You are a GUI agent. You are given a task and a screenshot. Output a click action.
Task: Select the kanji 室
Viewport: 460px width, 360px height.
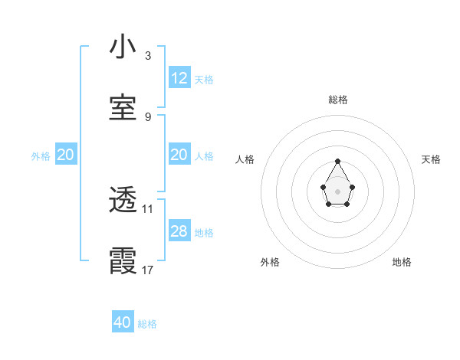tap(123, 108)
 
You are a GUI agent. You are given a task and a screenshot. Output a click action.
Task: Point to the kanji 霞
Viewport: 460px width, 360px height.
tap(123, 261)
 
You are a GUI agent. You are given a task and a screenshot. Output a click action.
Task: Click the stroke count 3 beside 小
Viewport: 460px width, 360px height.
tap(147, 56)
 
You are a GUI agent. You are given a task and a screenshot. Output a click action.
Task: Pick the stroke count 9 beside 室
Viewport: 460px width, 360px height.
tap(147, 117)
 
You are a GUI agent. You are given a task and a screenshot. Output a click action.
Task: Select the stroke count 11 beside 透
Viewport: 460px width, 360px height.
tap(148, 208)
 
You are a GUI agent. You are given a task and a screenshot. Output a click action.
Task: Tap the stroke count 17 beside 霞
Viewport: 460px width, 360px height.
tap(148, 270)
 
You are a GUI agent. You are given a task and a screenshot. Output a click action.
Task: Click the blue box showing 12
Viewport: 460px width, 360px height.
tap(179, 78)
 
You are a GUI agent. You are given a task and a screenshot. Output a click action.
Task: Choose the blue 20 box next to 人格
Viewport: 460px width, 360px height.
tap(179, 155)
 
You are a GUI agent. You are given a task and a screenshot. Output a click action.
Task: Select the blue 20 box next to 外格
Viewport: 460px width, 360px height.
tap(66, 155)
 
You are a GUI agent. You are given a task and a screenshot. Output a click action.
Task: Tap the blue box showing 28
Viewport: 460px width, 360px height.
tap(179, 231)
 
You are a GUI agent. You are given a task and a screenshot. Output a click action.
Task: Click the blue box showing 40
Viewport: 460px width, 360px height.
tap(123, 322)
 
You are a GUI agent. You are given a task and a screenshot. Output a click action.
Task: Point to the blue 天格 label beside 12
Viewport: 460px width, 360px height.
tap(204, 80)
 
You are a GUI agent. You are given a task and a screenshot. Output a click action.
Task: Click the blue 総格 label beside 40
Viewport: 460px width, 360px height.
tap(147, 324)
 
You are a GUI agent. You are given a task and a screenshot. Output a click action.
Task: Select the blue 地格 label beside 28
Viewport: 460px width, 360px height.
tap(204, 233)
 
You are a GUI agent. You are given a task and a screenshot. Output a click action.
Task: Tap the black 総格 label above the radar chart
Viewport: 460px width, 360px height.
tap(338, 100)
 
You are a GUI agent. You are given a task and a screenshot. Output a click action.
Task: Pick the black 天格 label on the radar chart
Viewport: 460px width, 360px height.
tap(431, 159)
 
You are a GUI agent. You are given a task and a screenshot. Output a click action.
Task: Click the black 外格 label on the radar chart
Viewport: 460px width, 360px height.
tap(270, 262)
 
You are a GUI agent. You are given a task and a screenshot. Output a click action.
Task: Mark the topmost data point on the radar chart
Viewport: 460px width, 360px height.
tap(338, 161)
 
